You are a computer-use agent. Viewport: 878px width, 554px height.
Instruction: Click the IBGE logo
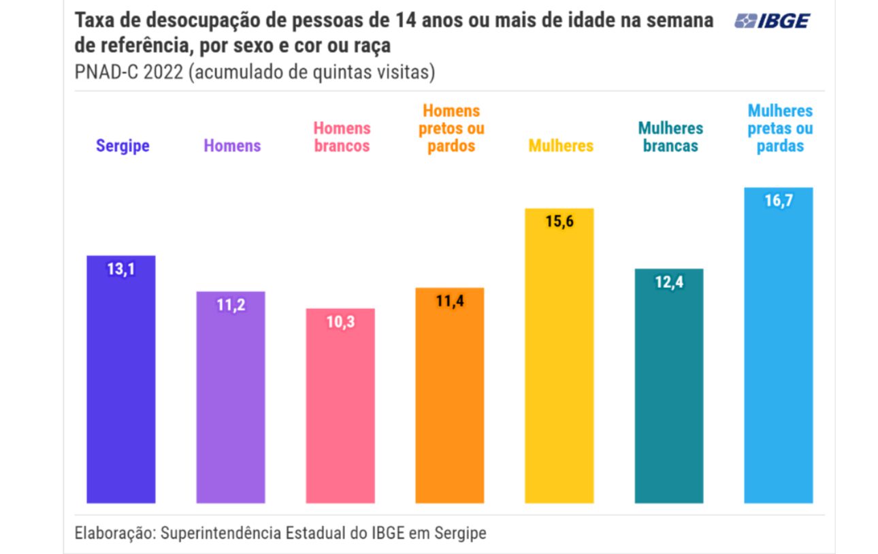pyautogui.click(x=772, y=21)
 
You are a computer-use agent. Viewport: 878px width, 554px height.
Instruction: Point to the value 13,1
pyautogui.click(x=121, y=270)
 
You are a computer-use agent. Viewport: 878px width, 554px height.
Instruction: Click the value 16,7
pyautogui.click(x=779, y=201)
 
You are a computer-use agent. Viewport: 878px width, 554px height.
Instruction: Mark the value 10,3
pyautogui.click(x=340, y=323)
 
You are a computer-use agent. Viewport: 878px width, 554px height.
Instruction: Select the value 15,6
pyautogui.click(x=559, y=223)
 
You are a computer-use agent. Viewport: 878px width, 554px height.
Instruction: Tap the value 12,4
pyautogui.click(x=669, y=282)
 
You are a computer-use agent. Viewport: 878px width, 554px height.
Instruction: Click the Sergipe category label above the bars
pyautogui.click(x=123, y=146)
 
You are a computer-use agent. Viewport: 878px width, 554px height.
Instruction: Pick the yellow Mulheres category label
pyautogui.click(x=561, y=146)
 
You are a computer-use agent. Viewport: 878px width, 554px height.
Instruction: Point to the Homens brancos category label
pyautogui.click(x=342, y=137)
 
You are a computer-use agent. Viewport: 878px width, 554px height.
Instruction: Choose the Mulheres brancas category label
pyautogui.click(x=670, y=137)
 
